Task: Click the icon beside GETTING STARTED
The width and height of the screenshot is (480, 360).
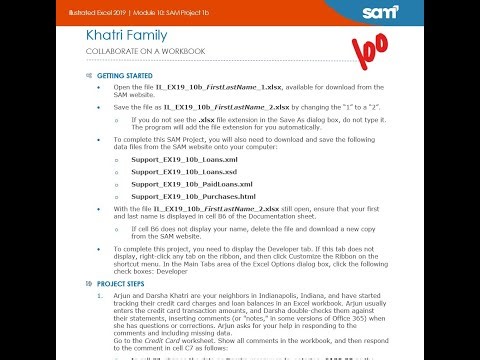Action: (90, 75)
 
